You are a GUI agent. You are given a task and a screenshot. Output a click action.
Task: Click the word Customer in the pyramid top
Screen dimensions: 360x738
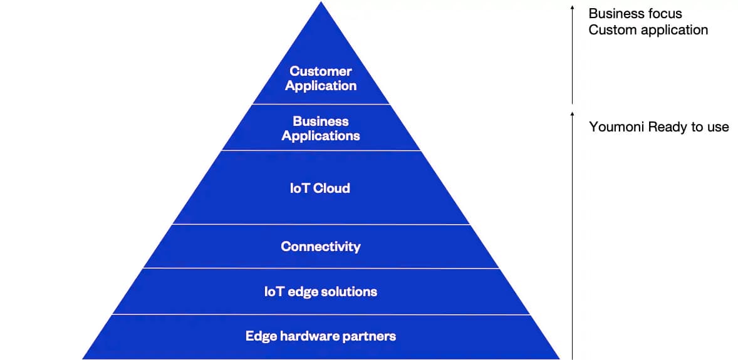320,71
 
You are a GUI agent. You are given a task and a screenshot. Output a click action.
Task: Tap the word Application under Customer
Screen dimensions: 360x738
320,86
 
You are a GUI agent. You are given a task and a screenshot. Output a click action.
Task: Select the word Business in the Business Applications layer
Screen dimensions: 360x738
320,121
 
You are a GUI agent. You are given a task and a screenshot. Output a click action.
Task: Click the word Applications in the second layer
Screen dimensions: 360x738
320,136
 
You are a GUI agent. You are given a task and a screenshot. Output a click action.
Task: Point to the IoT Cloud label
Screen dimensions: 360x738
320,188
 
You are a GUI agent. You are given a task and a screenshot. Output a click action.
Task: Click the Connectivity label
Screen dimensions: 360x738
320,247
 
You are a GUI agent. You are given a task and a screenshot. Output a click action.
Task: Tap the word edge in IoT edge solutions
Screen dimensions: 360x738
303,292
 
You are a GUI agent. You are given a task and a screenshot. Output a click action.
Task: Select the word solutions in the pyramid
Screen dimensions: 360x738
349,292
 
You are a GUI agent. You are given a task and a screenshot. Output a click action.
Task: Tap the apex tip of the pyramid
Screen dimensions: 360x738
321,4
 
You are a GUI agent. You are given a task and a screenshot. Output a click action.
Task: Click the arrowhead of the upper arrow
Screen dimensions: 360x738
572,8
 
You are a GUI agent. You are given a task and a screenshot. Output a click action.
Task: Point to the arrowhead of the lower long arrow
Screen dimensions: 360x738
572,114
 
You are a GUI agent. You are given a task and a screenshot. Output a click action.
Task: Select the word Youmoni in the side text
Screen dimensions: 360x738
616,128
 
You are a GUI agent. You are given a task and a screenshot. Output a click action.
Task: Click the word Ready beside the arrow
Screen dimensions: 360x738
668,128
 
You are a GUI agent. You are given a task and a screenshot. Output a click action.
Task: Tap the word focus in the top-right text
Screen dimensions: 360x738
663,14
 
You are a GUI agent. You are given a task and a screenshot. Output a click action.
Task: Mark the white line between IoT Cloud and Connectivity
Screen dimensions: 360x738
320,224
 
